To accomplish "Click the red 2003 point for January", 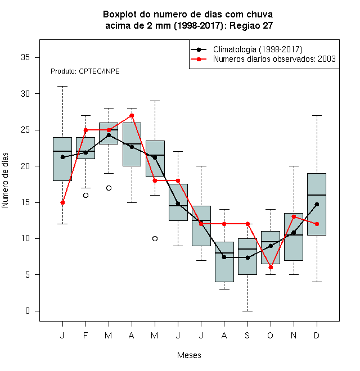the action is (62, 202).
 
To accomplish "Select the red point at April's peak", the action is (132, 115).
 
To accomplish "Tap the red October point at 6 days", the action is (271, 268).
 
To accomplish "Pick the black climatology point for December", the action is (317, 204).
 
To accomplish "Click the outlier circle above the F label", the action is (85, 195).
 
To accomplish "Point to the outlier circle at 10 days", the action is (155, 238).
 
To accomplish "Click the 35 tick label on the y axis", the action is (25, 57).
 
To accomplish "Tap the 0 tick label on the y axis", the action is (28, 311).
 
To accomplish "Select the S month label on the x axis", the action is (247, 335).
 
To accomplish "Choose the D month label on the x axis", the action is (317, 335).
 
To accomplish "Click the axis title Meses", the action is (189, 355).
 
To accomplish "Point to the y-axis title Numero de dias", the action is (5, 180).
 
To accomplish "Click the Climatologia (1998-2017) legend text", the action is (258, 49).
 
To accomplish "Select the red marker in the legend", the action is (199, 59).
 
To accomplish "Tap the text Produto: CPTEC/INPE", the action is (85, 71).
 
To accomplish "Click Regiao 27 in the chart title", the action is (251, 25).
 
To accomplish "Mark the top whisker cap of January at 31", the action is (62, 87).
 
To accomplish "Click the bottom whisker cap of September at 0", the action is (247, 311).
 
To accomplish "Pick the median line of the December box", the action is (317, 195).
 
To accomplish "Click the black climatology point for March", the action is (109, 135).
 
